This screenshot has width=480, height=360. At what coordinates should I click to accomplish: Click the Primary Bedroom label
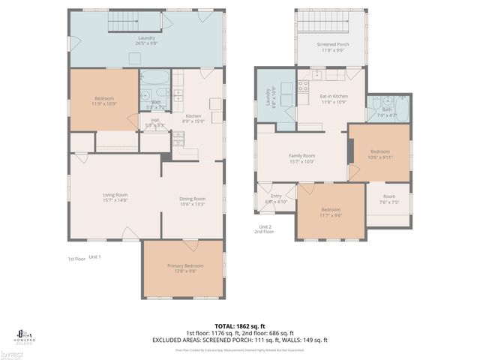[x=184, y=268]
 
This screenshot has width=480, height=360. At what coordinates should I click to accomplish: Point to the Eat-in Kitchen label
[x=334, y=99]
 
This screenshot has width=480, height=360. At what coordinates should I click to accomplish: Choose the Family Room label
[x=301, y=158]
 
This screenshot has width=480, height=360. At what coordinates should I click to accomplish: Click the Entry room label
[x=276, y=199]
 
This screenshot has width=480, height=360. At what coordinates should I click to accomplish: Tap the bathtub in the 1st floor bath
[x=155, y=78]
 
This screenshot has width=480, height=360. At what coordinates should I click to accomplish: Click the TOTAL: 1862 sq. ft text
[x=240, y=325]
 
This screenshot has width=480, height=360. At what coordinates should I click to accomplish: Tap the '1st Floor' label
[x=75, y=258]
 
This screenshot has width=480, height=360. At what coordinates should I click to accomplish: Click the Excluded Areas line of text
[x=240, y=340]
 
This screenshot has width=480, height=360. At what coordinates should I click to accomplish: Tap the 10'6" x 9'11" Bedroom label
[x=379, y=154]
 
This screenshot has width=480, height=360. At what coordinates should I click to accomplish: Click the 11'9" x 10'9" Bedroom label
[x=104, y=101]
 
